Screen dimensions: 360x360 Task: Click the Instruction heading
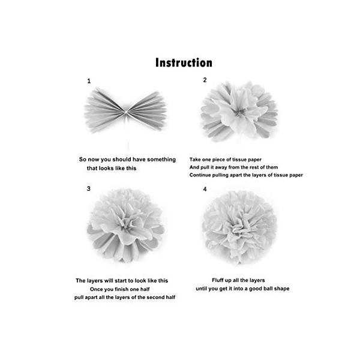click(x=184, y=62)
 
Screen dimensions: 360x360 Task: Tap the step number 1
click(x=89, y=81)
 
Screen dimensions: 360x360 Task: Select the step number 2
click(x=205, y=80)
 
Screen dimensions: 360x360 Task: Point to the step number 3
click(x=89, y=189)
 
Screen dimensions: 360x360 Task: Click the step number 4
click(x=205, y=189)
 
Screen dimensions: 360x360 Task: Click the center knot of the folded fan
click(x=126, y=112)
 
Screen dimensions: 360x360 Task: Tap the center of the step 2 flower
click(x=239, y=112)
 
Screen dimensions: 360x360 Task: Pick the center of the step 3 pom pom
click(x=125, y=226)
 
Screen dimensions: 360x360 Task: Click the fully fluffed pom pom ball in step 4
click(x=239, y=227)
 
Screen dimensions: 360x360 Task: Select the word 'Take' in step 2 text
click(x=195, y=160)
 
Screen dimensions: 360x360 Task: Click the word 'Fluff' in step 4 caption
click(x=217, y=280)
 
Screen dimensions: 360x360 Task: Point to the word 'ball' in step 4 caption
click(x=272, y=289)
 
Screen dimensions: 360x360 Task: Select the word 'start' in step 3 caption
click(x=121, y=281)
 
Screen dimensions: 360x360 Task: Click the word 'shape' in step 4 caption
click(x=284, y=289)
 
